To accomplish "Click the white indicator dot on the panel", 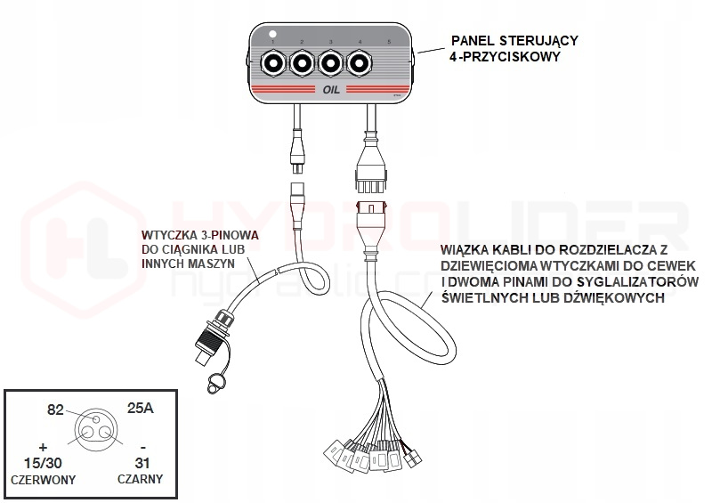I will pyautogui.click(x=273, y=35).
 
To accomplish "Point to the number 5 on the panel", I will pyautogui.click(x=389, y=43).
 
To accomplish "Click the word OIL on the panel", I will pyautogui.click(x=330, y=90).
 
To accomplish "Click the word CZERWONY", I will pyautogui.click(x=42, y=479).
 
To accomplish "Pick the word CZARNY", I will pyautogui.click(x=138, y=479).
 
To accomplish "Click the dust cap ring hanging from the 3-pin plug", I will pyautogui.click(x=215, y=383).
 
